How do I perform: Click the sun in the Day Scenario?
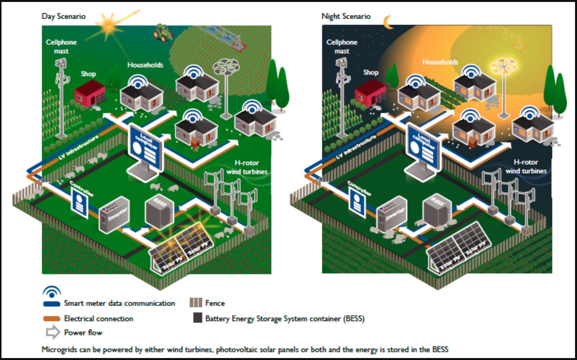click(106, 22)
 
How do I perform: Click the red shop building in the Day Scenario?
click(90, 94)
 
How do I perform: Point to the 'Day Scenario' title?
click(63, 16)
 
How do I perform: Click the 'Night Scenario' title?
click(346, 16)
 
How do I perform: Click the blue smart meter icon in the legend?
click(52, 292)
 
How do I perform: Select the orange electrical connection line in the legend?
click(52, 319)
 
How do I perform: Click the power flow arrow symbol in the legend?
click(52, 333)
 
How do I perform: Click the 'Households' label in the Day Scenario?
click(145, 65)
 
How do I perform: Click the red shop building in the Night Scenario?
click(371, 93)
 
